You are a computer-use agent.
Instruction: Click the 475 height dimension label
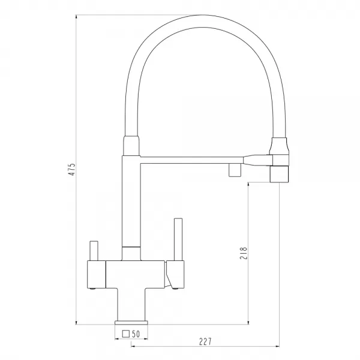click(73, 169)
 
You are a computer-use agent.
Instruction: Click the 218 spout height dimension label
click(244, 253)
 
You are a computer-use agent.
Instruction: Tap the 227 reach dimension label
click(205, 341)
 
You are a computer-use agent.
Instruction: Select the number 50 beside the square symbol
click(136, 334)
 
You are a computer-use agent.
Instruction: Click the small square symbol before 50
click(126, 334)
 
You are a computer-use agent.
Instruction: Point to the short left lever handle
click(94, 251)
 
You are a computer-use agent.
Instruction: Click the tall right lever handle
click(178, 239)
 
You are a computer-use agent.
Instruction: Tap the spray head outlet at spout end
click(279, 174)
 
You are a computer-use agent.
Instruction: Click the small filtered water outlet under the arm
click(235, 170)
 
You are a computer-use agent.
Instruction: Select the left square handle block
click(97, 274)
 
